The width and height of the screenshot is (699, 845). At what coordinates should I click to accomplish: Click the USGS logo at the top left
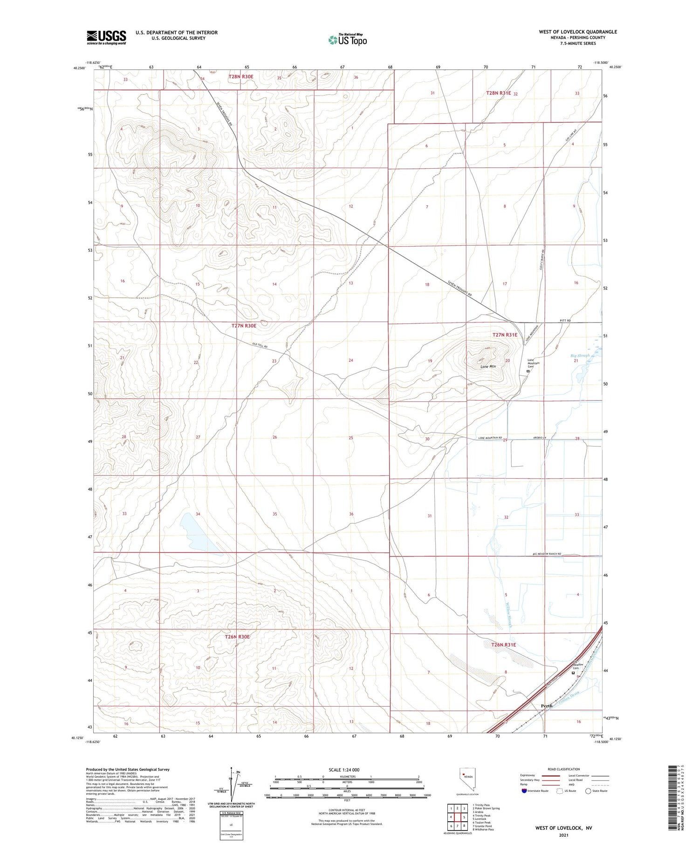tap(106, 37)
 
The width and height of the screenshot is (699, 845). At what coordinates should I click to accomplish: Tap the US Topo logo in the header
tap(348, 40)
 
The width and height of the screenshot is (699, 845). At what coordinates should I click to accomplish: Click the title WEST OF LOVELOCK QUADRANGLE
tap(577, 32)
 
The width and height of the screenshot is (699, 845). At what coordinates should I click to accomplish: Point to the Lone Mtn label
tap(488, 366)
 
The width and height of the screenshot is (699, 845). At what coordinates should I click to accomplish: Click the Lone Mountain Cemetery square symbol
tap(528, 371)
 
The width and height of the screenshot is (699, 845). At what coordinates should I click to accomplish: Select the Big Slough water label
tap(580, 356)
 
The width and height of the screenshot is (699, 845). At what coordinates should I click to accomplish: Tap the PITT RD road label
tap(565, 321)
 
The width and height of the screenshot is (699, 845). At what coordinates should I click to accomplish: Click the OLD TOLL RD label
tap(260, 346)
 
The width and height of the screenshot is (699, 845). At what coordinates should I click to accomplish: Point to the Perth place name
tap(546, 706)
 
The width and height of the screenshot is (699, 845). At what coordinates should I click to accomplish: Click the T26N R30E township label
tap(237, 637)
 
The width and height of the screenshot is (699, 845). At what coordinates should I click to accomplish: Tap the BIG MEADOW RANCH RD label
tap(547, 554)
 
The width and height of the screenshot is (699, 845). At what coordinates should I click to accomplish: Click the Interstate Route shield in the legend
tap(525, 790)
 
